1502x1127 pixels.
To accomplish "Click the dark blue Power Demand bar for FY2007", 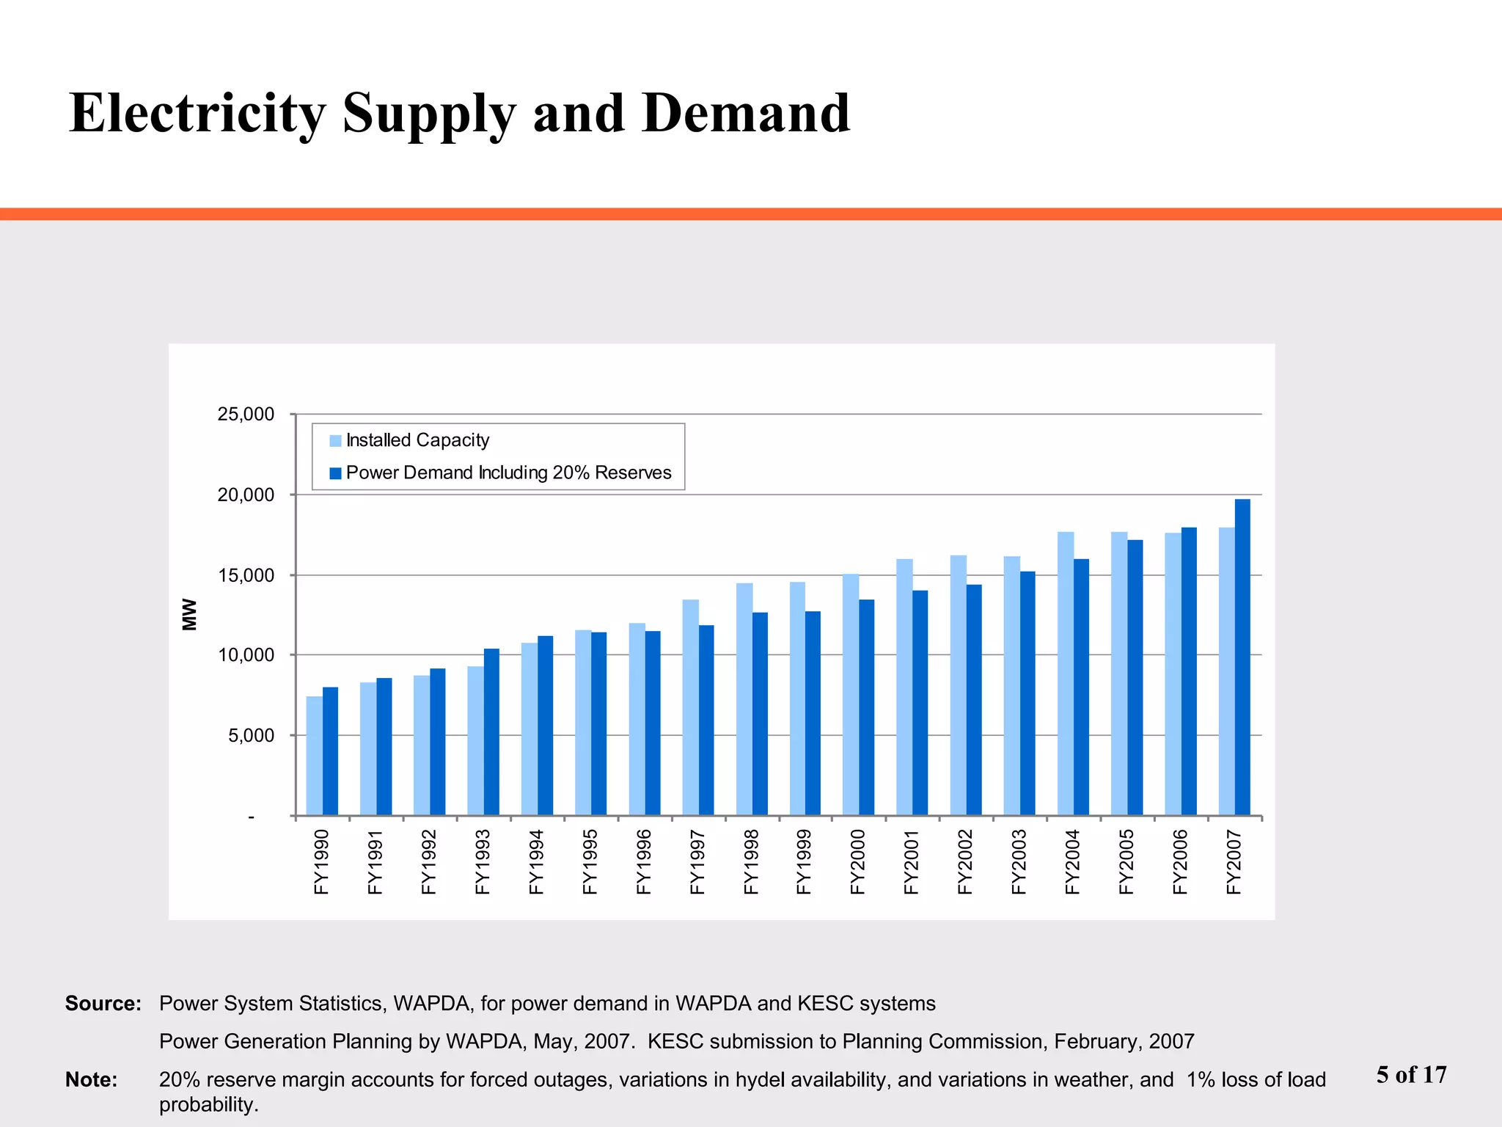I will tap(1242, 657).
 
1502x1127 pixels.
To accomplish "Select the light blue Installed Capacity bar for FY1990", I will tap(314, 756).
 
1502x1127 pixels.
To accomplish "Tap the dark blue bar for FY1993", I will tap(491, 732).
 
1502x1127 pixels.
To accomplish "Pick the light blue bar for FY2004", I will tap(1065, 674).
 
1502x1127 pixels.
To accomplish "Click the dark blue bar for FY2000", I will tap(866, 707).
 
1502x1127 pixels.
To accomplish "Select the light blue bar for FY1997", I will tap(690, 707).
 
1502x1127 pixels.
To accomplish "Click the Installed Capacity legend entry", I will tap(417, 440).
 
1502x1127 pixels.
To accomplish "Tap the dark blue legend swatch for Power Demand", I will tap(335, 473).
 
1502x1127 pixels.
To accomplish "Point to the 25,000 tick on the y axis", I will tap(246, 415).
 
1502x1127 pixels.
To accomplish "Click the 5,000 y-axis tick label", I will tap(251, 735).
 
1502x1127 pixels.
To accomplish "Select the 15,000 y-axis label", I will tap(246, 575).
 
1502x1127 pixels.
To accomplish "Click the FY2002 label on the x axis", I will tap(965, 861).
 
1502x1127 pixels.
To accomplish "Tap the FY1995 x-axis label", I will tap(590, 861).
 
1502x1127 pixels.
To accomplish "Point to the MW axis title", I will tap(190, 614).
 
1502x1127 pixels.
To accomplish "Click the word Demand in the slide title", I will tap(745, 114).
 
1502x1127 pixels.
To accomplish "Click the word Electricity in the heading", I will tap(197, 114).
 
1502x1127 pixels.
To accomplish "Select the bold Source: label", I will tap(103, 1004).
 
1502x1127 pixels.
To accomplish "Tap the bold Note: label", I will tap(91, 1080).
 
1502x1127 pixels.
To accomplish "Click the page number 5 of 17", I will tap(1411, 1075).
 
